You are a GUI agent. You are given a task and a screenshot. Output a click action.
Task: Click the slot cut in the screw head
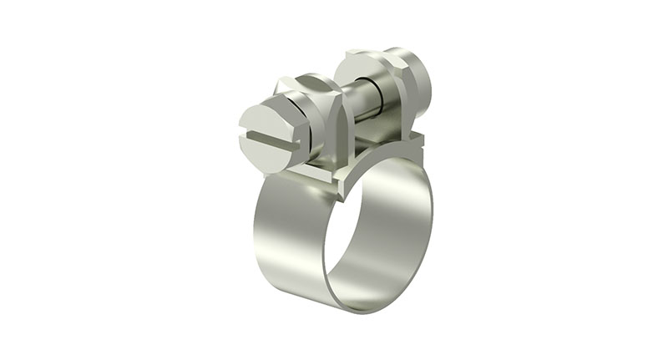click(x=269, y=137)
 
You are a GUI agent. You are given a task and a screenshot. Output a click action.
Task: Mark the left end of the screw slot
click(x=243, y=131)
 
